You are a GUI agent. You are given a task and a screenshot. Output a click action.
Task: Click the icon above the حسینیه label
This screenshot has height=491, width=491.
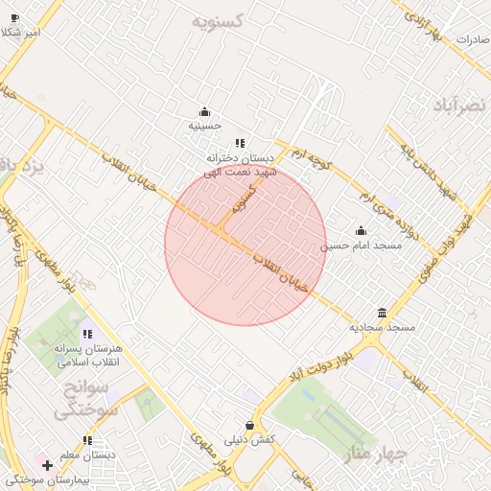click(x=204, y=111)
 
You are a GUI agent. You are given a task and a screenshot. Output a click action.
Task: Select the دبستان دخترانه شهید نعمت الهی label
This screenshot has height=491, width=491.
click(x=240, y=164)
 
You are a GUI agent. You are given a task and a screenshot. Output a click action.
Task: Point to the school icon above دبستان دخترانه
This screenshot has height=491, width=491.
click(x=240, y=143)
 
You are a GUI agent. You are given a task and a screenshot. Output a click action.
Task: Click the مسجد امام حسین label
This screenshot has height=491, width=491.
click(x=361, y=245)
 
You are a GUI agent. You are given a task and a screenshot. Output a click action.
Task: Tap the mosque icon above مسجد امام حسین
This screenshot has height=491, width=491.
click(x=361, y=231)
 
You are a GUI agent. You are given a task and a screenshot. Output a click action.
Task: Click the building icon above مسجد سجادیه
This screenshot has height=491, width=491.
click(x=382, y=314)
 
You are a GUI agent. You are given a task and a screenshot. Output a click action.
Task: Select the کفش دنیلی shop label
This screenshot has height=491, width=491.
click(x=250, y=439)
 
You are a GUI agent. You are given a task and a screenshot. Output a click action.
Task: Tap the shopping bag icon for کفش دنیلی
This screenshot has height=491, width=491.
click(x=250, y=425)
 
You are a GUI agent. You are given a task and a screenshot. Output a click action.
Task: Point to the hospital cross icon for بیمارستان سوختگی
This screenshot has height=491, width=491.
click(x=46, y=465)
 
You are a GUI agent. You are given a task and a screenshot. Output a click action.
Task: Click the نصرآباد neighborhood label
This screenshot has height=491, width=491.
click(x=461, y=104)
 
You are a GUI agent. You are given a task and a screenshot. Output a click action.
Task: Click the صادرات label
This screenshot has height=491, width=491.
click(x=473, y=40)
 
